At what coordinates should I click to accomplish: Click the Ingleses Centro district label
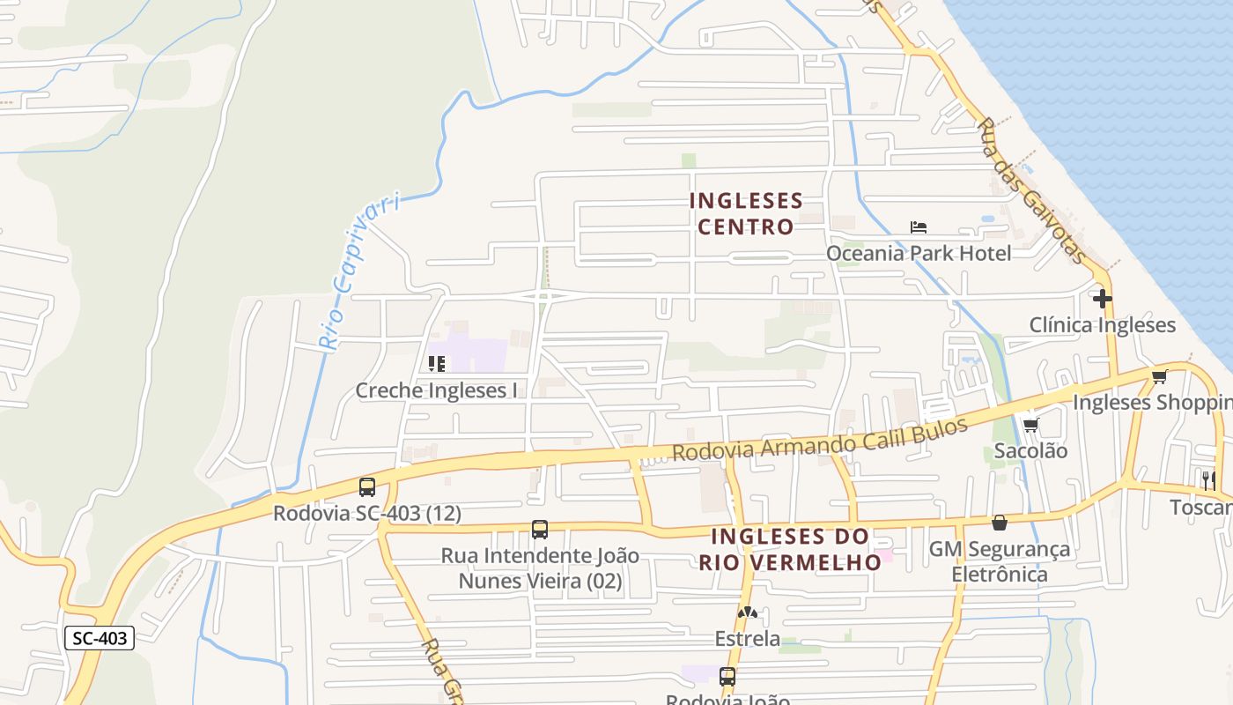pos(746,214)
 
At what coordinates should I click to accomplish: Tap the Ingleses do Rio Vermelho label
pos(790,548)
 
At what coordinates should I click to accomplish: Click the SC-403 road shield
pos(100,638)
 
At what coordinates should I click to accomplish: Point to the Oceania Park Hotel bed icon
pos(919,227)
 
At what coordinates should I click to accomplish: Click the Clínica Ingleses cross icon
pos(1102,299)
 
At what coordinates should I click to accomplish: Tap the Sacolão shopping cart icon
pos(1030,426)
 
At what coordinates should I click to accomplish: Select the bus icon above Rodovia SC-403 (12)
pos(367,486)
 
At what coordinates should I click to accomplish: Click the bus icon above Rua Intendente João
pos(540,530)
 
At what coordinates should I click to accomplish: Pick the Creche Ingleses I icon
pos(436,363)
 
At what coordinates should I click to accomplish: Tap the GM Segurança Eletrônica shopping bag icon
pos(1000,523)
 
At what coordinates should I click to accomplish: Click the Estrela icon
pos(748,612)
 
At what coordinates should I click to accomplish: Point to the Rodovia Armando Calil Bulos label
pos(820,440)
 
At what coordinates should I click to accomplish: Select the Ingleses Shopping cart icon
pos(1159,377)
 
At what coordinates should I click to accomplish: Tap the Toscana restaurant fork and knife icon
pos(1208,479)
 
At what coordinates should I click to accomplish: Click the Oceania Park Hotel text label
pos(919,254)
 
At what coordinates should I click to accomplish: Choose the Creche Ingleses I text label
pos(436,390)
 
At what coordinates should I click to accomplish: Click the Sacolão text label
pos(1030,451)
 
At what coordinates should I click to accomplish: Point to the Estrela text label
pos(748,638)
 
